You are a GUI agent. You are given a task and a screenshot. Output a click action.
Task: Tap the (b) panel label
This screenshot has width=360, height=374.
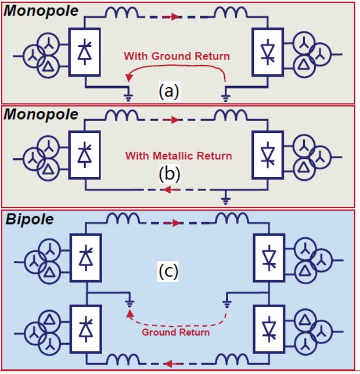[169, 175]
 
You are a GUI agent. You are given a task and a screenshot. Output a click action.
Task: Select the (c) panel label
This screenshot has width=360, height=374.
[169, 273]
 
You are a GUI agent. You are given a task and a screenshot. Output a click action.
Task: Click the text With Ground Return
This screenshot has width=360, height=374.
[177, 56]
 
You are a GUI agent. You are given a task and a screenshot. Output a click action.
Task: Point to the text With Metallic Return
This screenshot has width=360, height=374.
[178, 156]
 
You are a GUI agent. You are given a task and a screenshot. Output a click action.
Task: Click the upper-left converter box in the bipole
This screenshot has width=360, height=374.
[84, 257]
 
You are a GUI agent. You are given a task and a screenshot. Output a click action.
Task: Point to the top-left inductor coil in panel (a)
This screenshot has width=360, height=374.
[119, 15]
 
